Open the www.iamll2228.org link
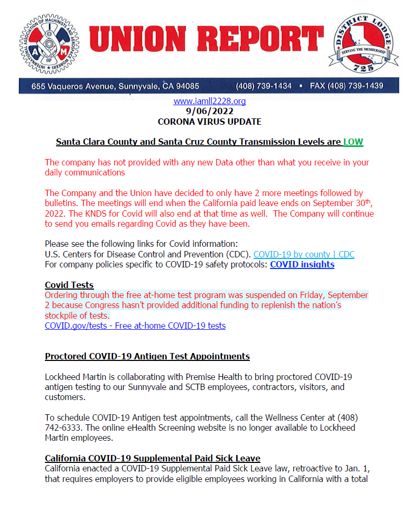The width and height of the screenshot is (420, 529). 209,101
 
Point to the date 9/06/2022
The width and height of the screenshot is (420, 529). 209,111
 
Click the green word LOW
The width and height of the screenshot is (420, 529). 353,142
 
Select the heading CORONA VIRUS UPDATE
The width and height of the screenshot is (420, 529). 209,122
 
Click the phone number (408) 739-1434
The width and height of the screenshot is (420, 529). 264,86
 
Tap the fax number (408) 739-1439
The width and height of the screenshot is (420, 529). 355,86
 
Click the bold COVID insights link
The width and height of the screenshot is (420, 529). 302,264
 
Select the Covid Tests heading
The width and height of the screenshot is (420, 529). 69,285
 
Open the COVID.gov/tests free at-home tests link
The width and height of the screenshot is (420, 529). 135,326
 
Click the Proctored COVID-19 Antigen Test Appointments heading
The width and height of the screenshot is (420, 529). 147,356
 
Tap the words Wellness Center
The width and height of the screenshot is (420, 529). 307,417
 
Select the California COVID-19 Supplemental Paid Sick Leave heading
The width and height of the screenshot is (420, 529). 153,458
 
